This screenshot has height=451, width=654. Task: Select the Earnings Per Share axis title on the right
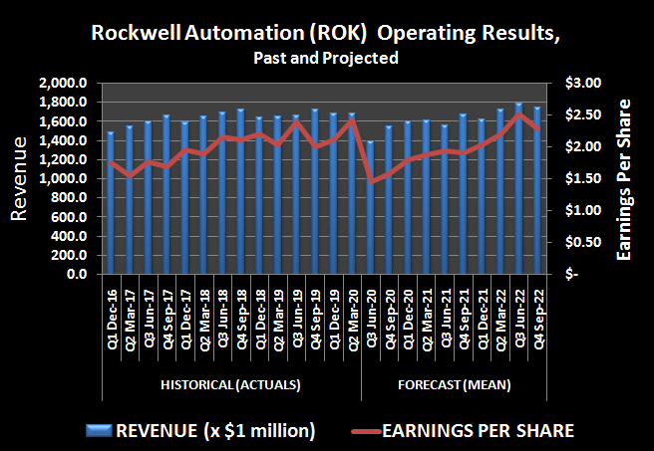click(626, 179)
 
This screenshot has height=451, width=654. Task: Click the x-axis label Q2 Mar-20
click(353, 307)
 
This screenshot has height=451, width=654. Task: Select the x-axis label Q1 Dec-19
click(334, 307)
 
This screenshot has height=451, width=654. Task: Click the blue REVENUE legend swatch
click(100, 430)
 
